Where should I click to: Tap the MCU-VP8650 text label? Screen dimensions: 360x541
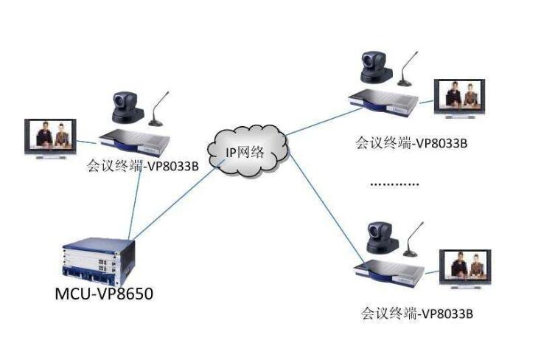point(104,294)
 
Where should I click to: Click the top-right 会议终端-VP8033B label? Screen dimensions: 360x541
point(411,142)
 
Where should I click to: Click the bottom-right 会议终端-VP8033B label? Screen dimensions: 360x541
point(416,313)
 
